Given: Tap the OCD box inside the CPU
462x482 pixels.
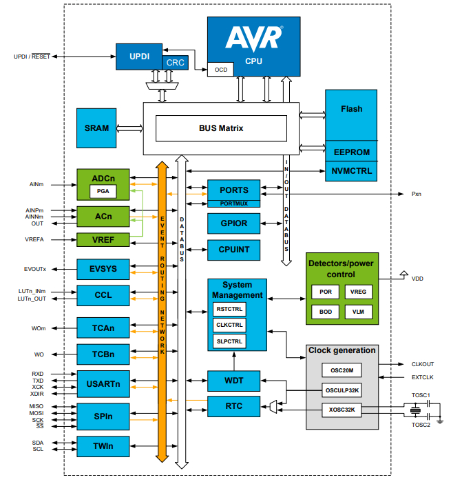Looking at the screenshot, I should [x=221, y=69].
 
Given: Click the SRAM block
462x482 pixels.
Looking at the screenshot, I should [x=96, y=128].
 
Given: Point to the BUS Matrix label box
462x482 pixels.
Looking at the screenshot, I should [x=221, y=128].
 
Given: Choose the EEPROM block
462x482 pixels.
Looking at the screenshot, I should [x=351, y=152].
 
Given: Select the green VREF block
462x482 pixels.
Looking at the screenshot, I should [x=103, y=240].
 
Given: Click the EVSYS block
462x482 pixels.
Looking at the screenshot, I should [x=103, y=268].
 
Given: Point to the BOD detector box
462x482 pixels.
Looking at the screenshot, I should [x=325, y=312].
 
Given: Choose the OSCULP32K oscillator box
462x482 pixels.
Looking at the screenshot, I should [x=342, y=390].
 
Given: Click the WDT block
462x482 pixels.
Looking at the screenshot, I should [x=234, y=380].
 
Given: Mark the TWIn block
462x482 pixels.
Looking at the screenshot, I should [x=103, y=447].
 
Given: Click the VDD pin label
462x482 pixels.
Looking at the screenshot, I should [x=417, y=279].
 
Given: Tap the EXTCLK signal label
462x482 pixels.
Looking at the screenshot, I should [x=422, y=377].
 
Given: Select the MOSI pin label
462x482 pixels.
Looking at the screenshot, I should [x=37, y=413].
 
